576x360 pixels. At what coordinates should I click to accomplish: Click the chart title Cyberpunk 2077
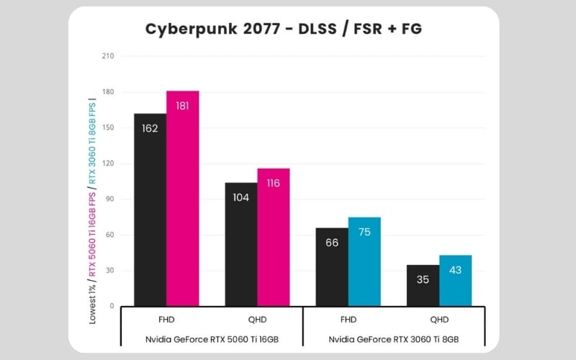pos(284,29)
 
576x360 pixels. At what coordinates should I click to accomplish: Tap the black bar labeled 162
pos(150,210)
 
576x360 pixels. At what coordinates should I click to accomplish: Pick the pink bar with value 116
pos(274,237)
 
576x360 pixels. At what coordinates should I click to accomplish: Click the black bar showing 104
pos(240,244)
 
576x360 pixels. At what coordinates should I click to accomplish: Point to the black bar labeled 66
pos(332,267)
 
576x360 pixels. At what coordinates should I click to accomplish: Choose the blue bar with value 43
pos(455,281)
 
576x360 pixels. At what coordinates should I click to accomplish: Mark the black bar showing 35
pos(423,285)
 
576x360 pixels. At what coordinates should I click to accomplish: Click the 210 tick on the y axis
pos(107,56)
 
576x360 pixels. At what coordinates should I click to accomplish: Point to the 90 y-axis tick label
pos(109,199)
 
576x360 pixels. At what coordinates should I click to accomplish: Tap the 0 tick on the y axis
pos(112,306)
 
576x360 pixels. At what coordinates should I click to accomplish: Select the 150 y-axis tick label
pos(107,127)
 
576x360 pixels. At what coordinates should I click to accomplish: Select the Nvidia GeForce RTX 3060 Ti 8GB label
pos(393,338)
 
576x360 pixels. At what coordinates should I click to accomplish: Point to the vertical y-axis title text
pos(92,209)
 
